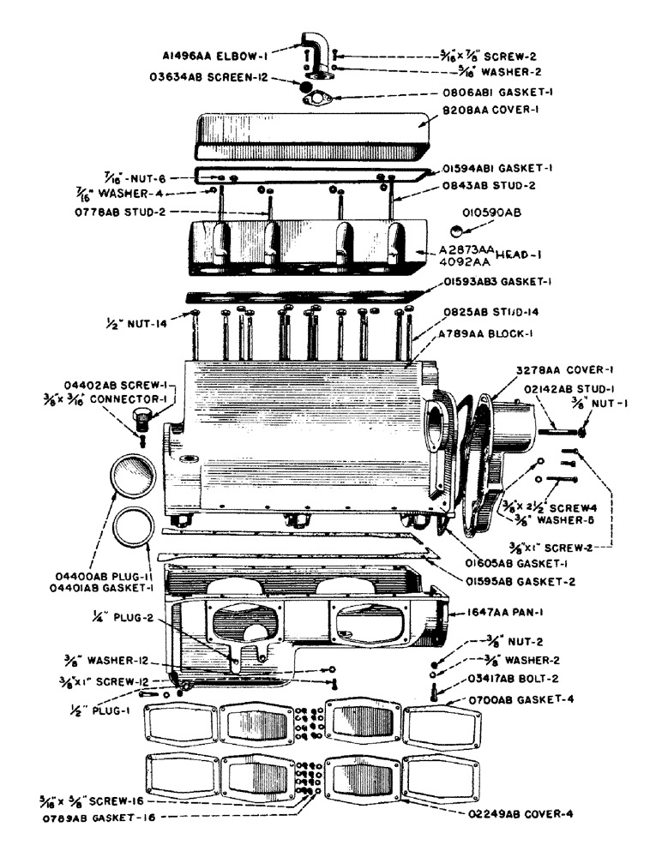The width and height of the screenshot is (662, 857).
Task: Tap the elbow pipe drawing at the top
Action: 311,52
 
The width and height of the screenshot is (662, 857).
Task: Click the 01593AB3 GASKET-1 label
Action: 504,281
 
